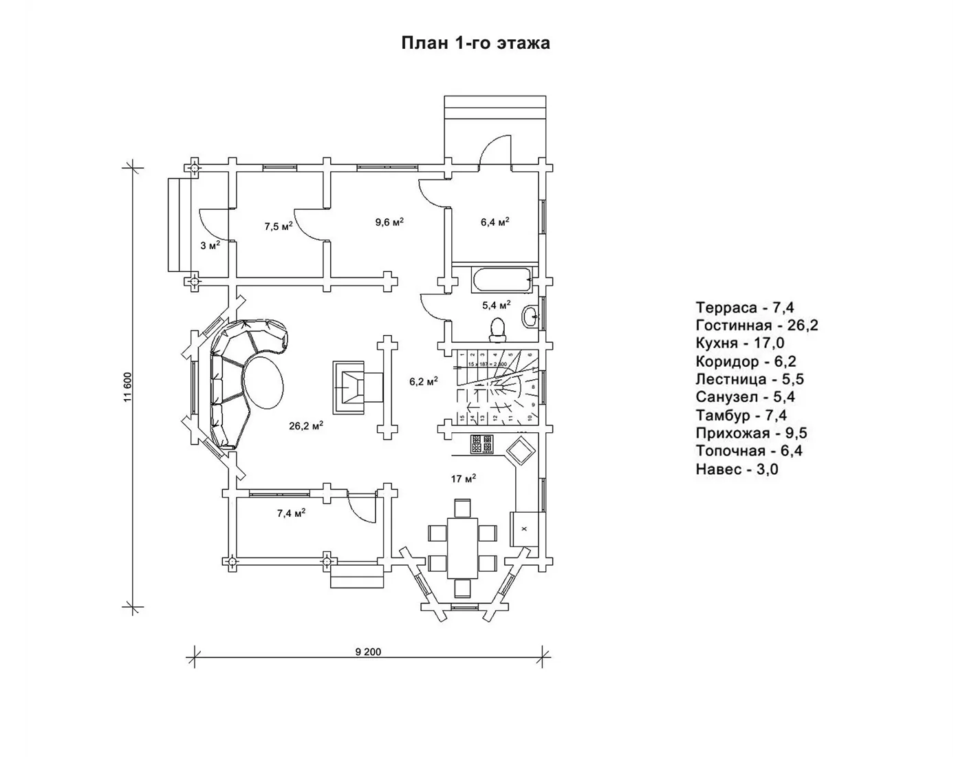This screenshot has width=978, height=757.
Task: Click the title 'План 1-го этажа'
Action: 475,43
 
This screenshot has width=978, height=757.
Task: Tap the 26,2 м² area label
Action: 306,426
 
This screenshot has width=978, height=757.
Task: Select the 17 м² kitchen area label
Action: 464,478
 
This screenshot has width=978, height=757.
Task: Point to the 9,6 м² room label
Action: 389,222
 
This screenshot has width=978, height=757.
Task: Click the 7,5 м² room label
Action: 279,226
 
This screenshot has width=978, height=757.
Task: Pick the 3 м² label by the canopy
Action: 210,245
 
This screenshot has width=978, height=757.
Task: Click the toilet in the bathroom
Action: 497,329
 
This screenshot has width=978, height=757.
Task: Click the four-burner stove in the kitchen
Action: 481,444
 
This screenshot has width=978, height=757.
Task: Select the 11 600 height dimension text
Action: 127,388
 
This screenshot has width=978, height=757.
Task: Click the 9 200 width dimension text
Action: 368,652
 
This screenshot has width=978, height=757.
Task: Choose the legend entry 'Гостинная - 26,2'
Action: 757,326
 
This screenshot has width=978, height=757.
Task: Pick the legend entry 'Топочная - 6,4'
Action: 749,451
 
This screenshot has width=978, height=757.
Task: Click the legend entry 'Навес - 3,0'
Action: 737,469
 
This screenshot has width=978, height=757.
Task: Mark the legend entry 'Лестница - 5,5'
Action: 750,379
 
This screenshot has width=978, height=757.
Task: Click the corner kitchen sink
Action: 519,451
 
